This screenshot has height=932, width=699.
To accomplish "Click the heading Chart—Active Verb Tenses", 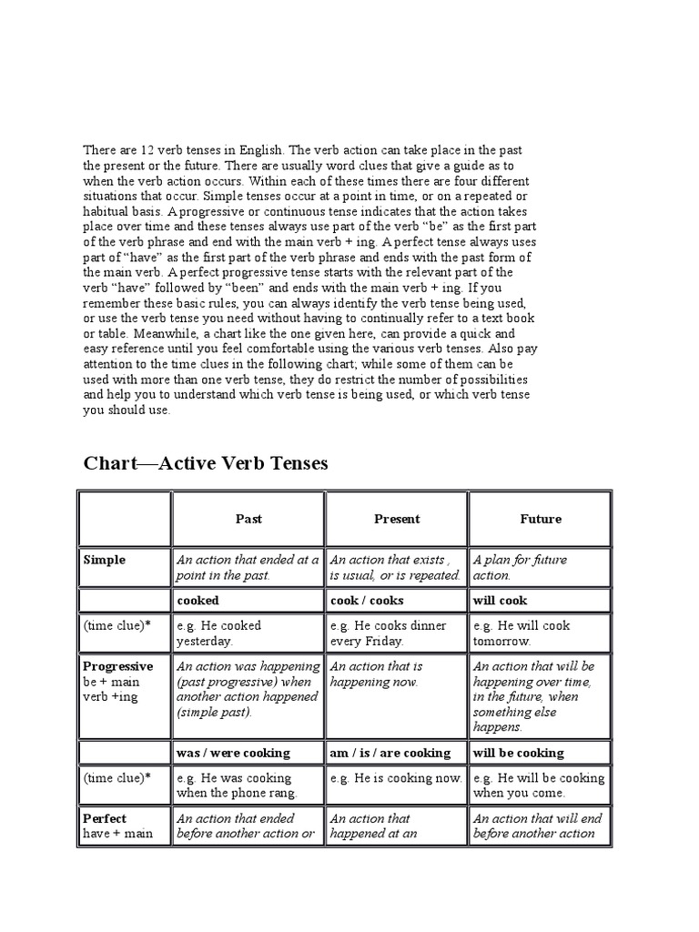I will tap(206, 464).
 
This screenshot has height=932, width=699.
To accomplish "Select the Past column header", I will tap(248, 519).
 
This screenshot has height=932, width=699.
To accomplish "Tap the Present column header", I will tap(397, 519).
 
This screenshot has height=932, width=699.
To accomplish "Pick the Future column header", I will tap(541, 519).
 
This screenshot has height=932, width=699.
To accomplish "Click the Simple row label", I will tap(105, 561).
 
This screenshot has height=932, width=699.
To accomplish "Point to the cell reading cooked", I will tap(198, 601).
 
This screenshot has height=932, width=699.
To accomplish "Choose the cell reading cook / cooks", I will tap(367, 601).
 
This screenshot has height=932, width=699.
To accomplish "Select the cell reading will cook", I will tap(500, 601).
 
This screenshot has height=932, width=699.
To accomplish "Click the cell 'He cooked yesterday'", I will tap(219, 633).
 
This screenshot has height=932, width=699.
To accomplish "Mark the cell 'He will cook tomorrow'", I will tap(522, 633).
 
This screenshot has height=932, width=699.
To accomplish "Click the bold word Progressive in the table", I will tap(118, 666).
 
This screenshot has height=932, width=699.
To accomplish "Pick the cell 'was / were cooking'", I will tap(233, 753).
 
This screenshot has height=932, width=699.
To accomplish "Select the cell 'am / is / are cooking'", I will tap(390, 753).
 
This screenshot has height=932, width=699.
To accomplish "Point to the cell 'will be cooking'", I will tap(519, 753).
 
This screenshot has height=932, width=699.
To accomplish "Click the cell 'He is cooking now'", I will tap(396, 778).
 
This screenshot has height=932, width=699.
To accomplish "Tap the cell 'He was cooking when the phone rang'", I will tap(236, 785).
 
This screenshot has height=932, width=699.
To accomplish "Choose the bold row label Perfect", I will tap(105, 818).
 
